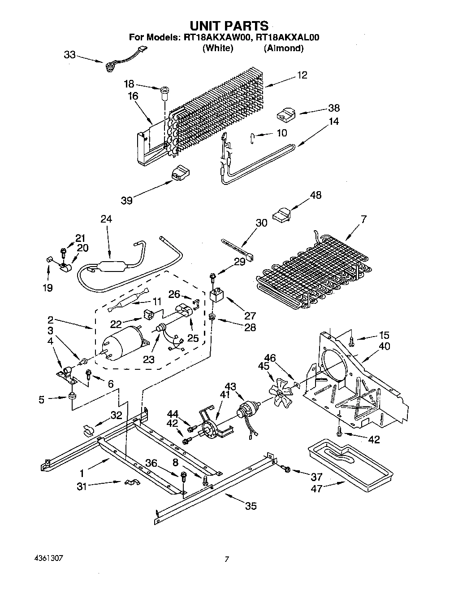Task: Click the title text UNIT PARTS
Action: point(229,26)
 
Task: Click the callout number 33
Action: point(69,54)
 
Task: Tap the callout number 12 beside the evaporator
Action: point(302,75)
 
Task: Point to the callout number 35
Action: point(251,506)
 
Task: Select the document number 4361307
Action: point(48,559)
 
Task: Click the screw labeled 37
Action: point(287,469)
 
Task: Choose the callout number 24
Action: point(106,219)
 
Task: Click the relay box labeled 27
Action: point(217,296)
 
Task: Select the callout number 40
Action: point(384,346)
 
